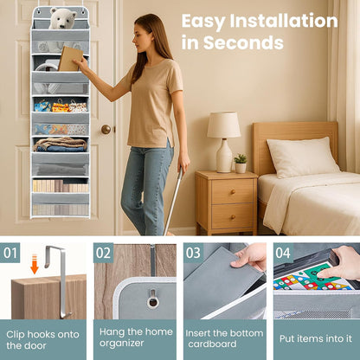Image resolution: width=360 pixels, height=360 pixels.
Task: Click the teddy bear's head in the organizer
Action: (x=62, y=18)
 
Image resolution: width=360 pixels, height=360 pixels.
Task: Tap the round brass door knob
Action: (x=106, y=129)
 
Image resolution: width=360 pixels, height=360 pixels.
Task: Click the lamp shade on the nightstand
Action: (x=223, y=125)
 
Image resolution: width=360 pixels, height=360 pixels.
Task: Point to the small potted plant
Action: (x=241, y=164)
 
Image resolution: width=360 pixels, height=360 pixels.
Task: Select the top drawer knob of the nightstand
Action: (x=233, y=192)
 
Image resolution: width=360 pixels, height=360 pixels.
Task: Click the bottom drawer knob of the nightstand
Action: (x=233, y=216)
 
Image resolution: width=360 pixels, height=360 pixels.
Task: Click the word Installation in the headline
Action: (x=284, y=22)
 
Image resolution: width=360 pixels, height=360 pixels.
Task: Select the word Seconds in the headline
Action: (x=243, y=42)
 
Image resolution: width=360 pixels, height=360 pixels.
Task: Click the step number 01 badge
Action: (x=10, y=253)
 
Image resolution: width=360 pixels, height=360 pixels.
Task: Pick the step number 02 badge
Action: (x=103, y=253)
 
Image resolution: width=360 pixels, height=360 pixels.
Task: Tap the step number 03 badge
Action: (x=193, y=253)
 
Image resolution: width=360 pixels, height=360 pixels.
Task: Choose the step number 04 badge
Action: (x=283, y=253)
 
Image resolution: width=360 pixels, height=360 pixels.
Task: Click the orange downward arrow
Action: (x=35, y=264)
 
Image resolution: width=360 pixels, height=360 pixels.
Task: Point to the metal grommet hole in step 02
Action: (x=152, y=301)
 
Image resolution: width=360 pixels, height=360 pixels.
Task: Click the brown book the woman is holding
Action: (x=70, y=59)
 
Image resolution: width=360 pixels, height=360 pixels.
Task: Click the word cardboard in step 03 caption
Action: (x=213, y=344)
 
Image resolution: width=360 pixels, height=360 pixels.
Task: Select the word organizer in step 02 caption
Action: (x=121, y=344)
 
